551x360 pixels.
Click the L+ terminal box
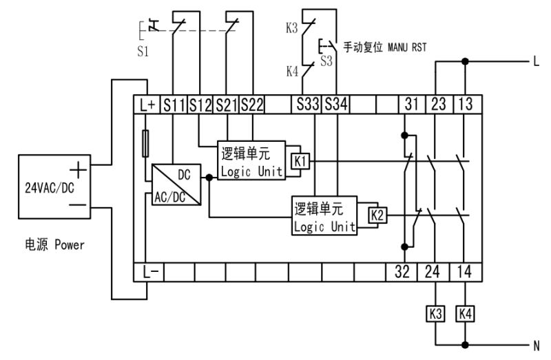pyautogui.click(x=147, y=105)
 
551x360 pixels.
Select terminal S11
pyautogui.click(x=174, y=105)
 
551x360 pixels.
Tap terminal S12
pyautogui.click(x=200, y=105)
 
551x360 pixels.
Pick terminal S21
pyautogui.click(x=227, y=105)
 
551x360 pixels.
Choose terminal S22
pyautogui.click(x=253, y=105)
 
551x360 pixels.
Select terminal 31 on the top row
pyautogui.click(x=411, y=105)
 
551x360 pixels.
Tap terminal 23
pyautogui.click(x=438, y=105)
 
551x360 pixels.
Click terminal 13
pyautogui.click(x=466, y=105)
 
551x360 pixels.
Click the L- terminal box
pyautogui.click(x=147, y=271)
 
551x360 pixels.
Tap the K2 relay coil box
pyautogui.click(x=375, y=215)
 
